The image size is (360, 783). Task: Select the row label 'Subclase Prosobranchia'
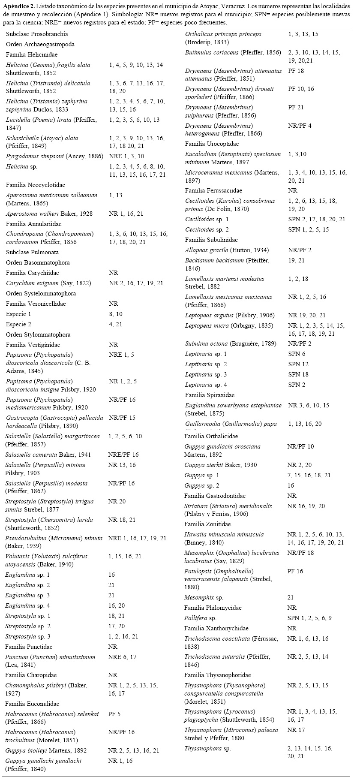tap(37, 34)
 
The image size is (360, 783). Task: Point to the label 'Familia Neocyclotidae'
tap(36, 185)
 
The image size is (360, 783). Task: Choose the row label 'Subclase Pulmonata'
tap(32, 252)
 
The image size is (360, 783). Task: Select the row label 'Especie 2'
tap(18, 324)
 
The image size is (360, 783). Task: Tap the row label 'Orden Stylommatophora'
tap(38, 334)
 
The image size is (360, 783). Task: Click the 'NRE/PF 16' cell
tap(123, 455)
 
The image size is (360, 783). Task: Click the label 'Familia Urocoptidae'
tap(212, 144)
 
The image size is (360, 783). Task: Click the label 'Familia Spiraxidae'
tap(210, 395)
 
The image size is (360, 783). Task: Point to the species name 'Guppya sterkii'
tap(203, 465)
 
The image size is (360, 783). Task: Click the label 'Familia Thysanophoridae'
tap(218, 675)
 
